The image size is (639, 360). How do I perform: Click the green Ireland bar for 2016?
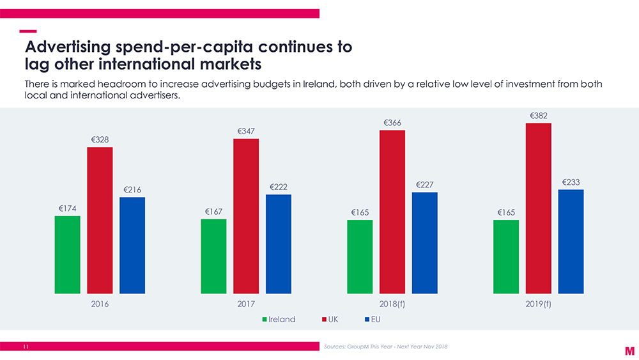pyautogui.click(x=67, y=254)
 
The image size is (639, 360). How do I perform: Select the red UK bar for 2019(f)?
pyautogui.click(x=538, y=208)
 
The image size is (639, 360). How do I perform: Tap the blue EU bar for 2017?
pyautogui.click(x=278, y=244)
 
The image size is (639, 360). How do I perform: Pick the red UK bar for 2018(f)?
pyautogui.click(x=392, y=212)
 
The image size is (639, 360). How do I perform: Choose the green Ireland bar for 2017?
pyautogui.click(x=213, y=256)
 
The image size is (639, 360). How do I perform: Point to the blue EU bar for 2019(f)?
pyautogui.click(x=571, y=241)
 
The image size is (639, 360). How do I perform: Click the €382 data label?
pyautogui.click(x=539, y=116)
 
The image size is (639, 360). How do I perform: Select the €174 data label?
pyautogui.click(x=68, y=208)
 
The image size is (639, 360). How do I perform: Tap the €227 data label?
pyautogui.click(x=425, y=185)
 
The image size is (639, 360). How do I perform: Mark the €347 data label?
pyautogui.click(x=246, y=131)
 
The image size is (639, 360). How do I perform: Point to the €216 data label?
pyautogui.click(x=132, y=190)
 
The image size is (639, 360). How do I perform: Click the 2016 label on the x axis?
pyautogui.click(x=100, y=304)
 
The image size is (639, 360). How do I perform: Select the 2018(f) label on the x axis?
pyautogui.click(x=392, y=304)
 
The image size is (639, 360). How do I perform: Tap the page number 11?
pyautogui.click(x=26, y=347)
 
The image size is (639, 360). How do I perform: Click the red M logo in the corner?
pyautogui.click(x=629, y=350)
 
